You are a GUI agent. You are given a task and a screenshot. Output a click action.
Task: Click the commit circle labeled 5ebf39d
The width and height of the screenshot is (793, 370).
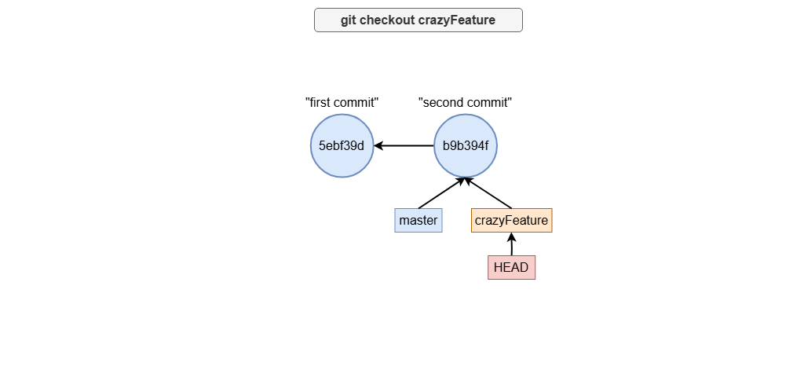point(342,146)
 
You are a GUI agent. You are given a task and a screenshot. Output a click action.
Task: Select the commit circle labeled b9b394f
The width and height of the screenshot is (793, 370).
point(466,146)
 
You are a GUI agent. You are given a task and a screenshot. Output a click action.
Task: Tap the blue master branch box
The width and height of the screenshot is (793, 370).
point(418,220)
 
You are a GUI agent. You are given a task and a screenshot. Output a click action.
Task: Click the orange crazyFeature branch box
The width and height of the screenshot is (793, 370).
point(511,220)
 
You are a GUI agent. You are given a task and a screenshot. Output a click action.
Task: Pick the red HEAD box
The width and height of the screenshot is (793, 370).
point(511,267)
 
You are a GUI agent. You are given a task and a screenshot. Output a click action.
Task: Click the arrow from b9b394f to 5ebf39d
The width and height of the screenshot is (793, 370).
point(404,146)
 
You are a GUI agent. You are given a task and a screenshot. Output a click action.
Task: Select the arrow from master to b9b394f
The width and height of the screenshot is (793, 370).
point(442,192)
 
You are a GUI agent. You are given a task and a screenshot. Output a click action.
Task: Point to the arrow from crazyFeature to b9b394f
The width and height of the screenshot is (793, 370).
point(488,192)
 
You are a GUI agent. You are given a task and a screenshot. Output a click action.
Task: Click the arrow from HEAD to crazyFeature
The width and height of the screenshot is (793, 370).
point(511,244)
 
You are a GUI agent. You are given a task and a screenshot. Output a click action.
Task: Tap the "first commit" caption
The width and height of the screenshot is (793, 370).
point(342,102)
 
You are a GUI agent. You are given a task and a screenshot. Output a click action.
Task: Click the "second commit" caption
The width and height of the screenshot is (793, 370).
point(466,102)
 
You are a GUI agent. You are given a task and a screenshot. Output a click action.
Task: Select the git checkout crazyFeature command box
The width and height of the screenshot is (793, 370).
point(418,20)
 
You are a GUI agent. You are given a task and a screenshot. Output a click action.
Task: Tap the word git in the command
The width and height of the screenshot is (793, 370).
point(349,20)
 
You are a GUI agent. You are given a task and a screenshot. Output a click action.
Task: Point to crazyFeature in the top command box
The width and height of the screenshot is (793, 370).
point(457,20)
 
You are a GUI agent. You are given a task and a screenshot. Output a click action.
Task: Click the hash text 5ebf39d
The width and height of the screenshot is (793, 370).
point(342,146)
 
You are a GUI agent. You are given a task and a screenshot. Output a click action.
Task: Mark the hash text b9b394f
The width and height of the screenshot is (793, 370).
point(466,146)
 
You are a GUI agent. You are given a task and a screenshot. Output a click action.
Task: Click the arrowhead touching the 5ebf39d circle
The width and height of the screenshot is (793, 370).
point(378,146)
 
